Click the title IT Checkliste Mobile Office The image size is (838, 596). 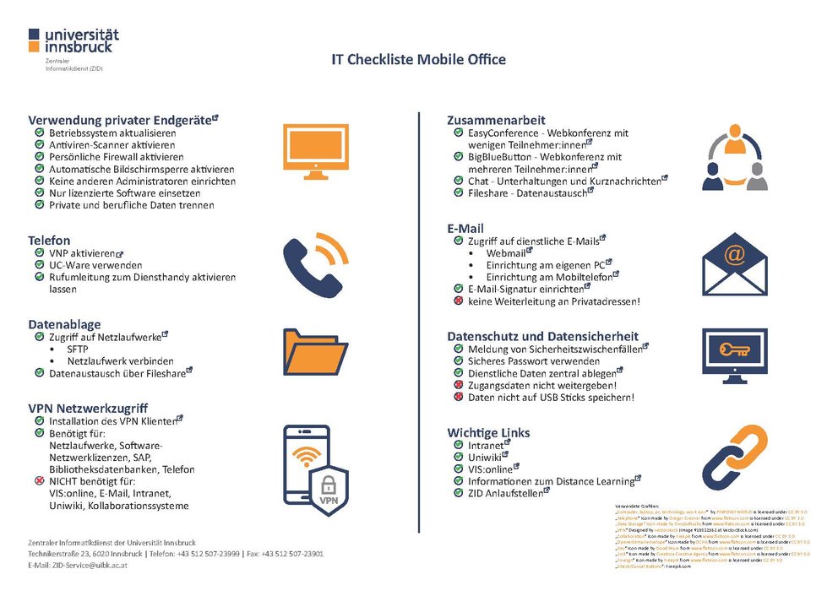pyautogui.click(x=418, y=60)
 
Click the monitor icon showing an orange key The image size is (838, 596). pyautogui.click(x=733, y=354)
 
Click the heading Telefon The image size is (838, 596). pyautogui.click(x=49, y=240)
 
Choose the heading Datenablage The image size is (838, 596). pyautogui.click(x=65, y=323)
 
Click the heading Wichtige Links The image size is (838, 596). pyautogui.click(x=488, y=432)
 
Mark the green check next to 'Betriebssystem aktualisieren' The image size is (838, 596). pyautogui.click(x=39, y=133)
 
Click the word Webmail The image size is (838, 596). pyautogui.click(x=506, y=253)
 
